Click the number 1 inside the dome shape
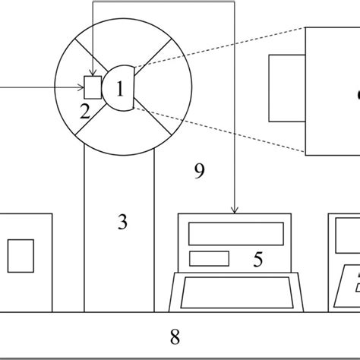click(119, 89)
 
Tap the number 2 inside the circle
click(85, 112)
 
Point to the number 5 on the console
click(257, 260)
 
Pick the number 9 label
click(199, 172)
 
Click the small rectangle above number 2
click(92, 87)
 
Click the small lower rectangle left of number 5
click(209, 258)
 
